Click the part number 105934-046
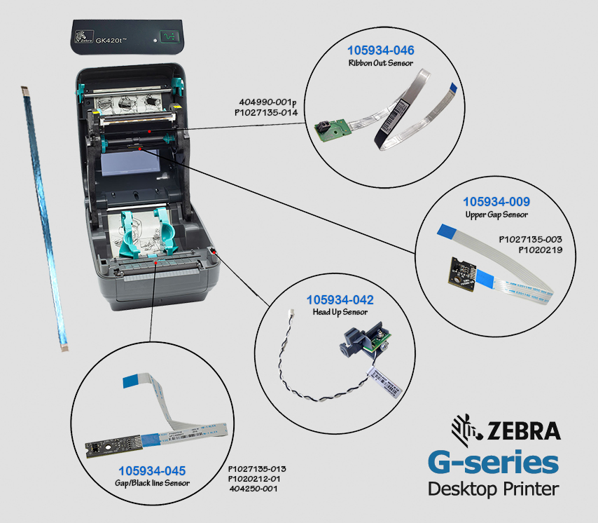[380, 50]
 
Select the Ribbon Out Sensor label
[380, 63]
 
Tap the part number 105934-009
[496, 202]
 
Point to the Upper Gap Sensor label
[496, 215]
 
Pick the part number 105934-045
[152, 470]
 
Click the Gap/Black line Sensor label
[152, 483]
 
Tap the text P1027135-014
[266, 111]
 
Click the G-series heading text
[494, 463]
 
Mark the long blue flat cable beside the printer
[44, 217]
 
